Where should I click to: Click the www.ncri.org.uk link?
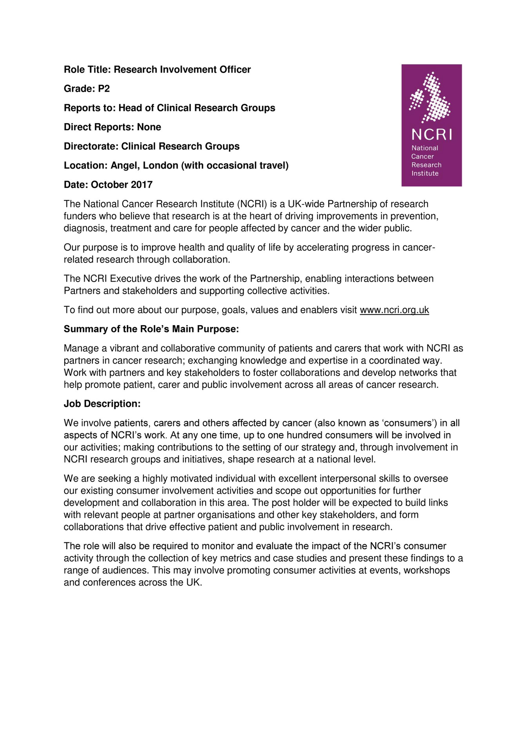point(394,310)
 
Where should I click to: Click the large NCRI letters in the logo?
point(431,135)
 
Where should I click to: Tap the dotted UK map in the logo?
point(430,97)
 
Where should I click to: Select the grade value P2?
point(104,89)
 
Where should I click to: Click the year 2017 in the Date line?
point(141,185)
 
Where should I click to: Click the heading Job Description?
point(102,404)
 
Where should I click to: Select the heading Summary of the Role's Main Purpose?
point(151,329)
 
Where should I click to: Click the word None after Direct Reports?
point(149,127)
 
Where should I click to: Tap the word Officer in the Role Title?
point(235,69)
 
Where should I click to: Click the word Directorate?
point(91,146)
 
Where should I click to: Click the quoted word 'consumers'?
point(409,423)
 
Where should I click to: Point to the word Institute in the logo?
point(425,173)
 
